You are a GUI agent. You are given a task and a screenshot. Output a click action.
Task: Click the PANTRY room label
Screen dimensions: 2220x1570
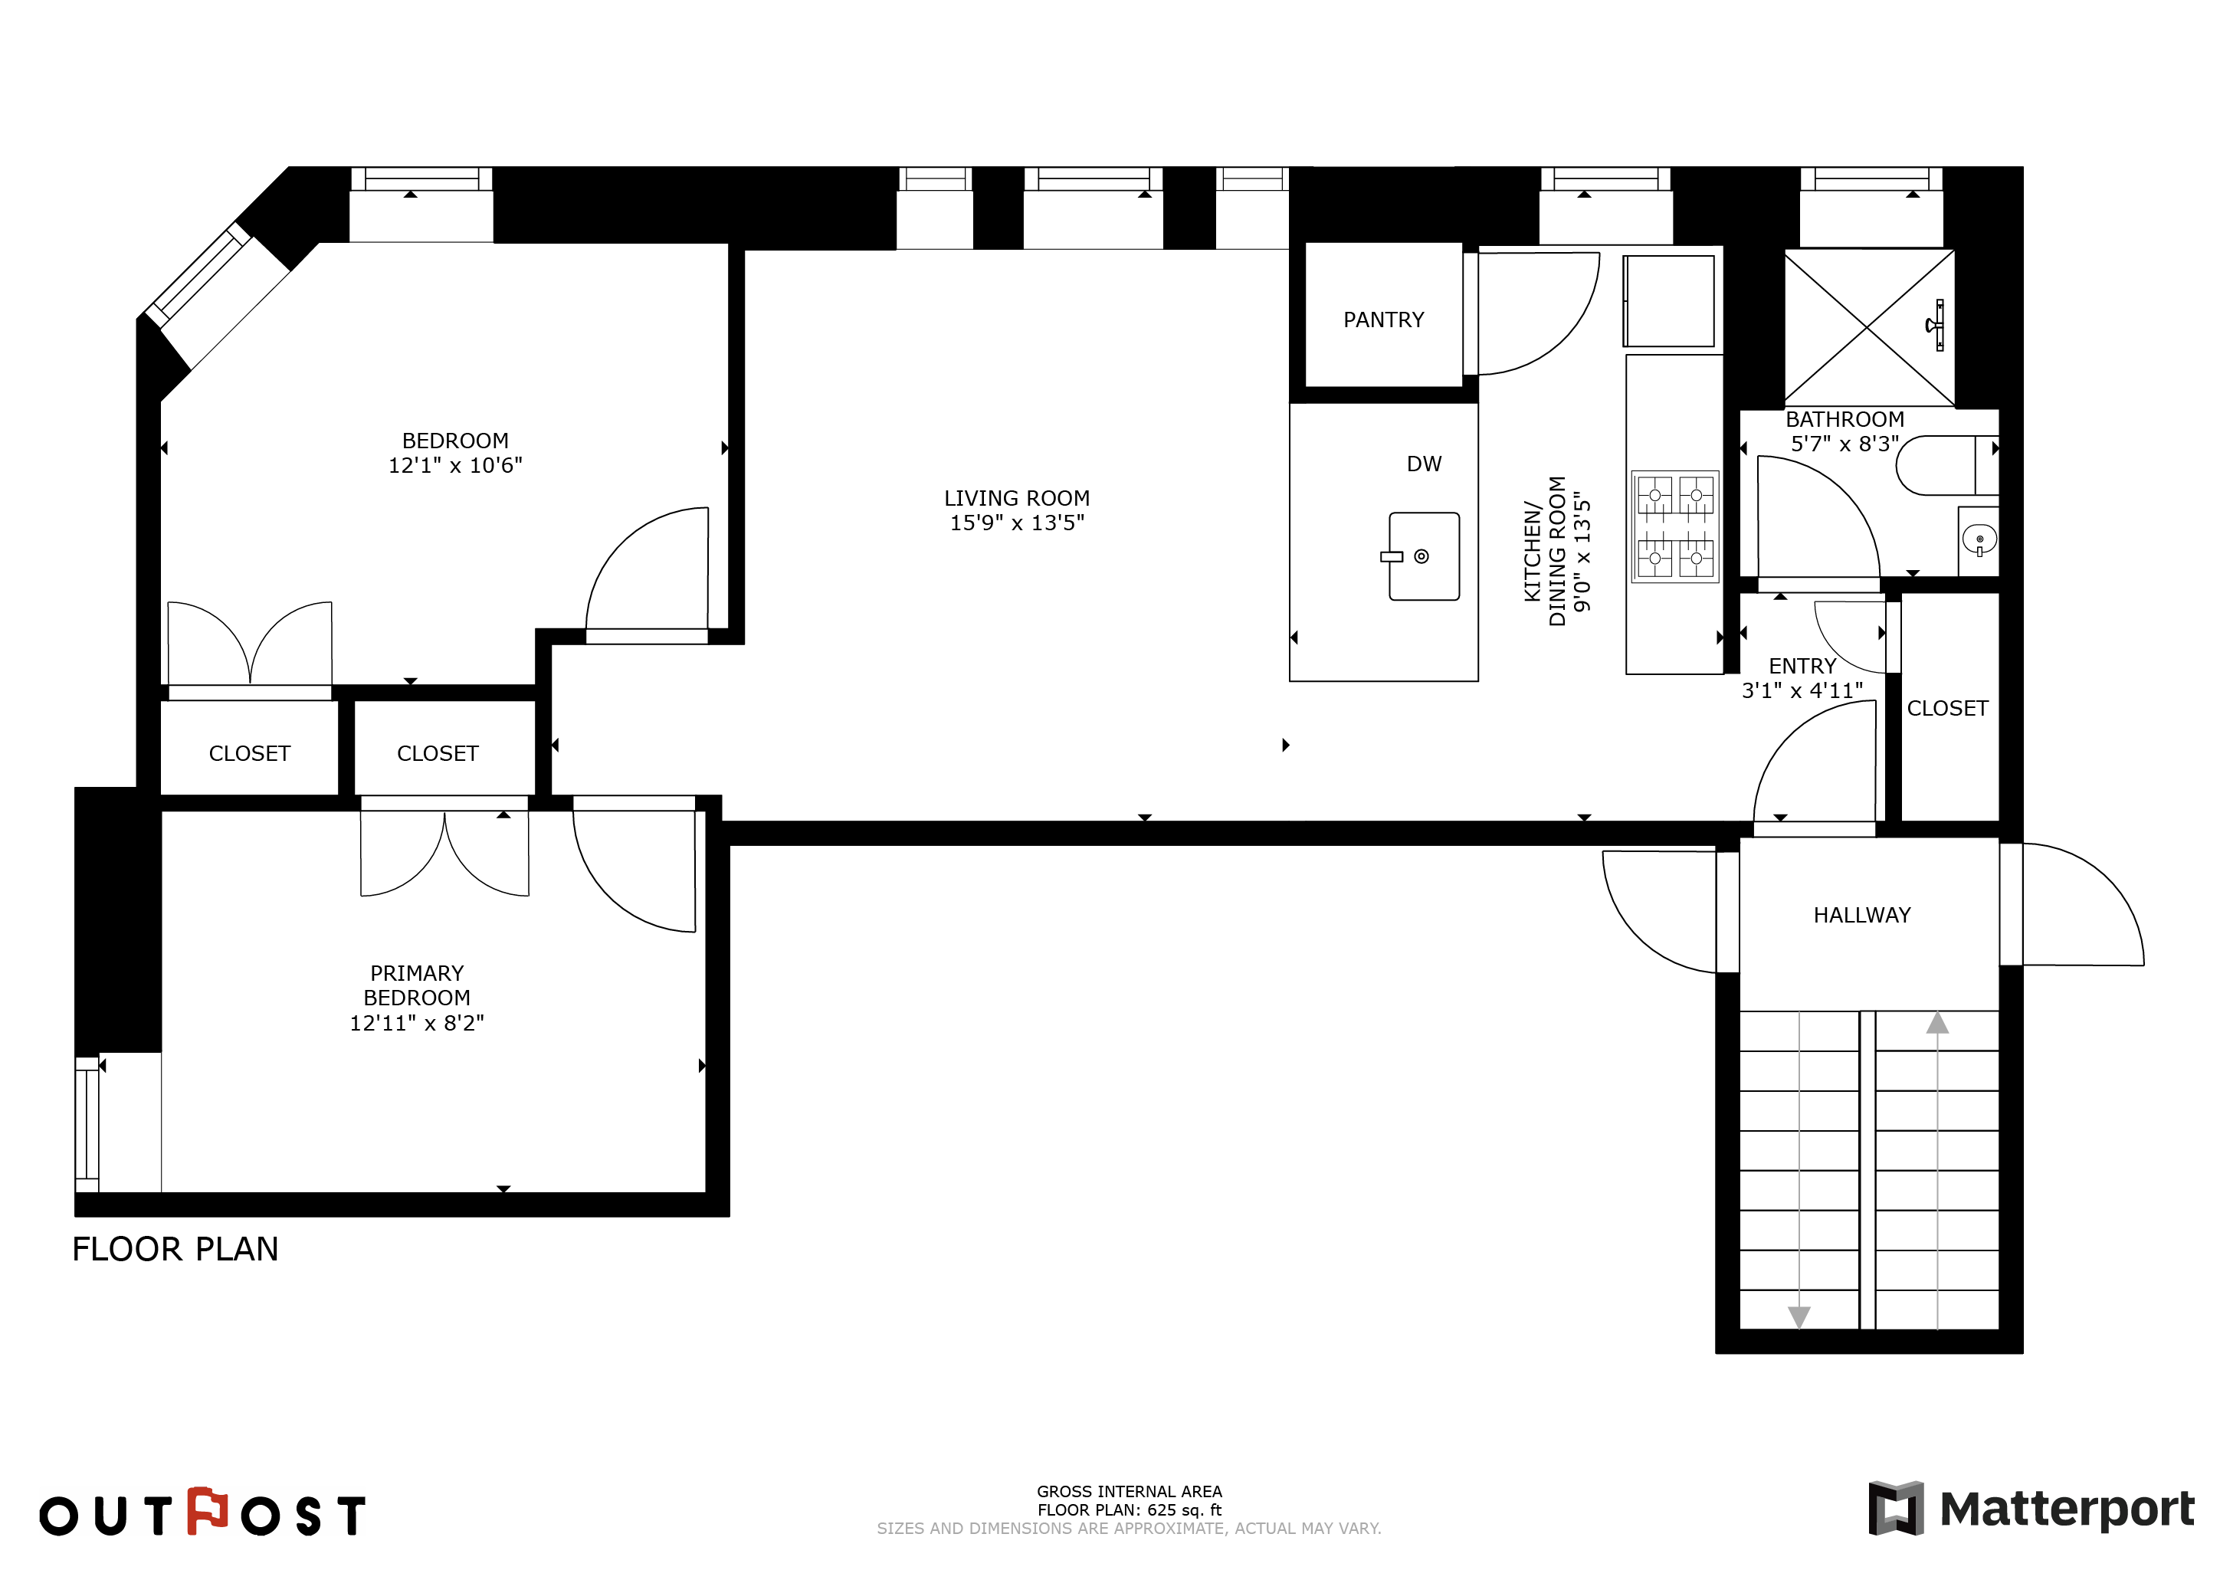point(1384,320)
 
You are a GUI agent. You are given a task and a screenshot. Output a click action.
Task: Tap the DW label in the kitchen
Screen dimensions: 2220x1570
point(1425,464)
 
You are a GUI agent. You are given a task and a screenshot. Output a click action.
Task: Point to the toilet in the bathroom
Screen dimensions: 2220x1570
point(1946,465)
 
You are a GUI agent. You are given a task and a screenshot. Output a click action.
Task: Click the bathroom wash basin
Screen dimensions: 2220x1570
point(1979,540)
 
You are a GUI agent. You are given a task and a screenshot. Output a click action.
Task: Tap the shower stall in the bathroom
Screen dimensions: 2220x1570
point(1869,326)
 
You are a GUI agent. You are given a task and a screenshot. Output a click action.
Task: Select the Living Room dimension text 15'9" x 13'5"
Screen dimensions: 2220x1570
point(1017,523)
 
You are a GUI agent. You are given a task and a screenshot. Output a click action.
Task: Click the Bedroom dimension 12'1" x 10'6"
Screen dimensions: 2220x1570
point(455,466)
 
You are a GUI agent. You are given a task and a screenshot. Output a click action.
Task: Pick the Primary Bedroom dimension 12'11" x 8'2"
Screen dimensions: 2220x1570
point(417,1023)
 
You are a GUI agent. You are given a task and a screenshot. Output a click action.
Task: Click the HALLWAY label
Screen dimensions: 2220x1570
point(1862,916)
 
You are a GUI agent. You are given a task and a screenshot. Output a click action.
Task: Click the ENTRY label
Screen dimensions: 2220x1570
point(1802,666)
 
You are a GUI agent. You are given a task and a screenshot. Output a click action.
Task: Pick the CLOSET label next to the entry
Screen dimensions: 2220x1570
point(1947,709)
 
